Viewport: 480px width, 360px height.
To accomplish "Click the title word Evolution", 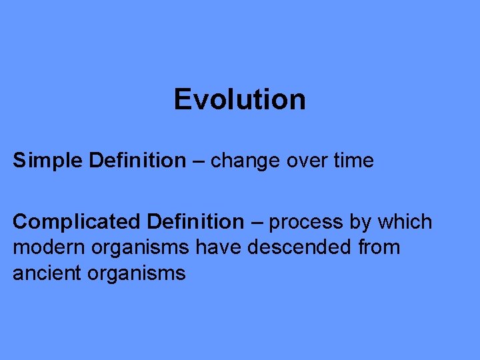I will (239, 100).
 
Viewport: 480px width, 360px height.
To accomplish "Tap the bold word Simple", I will (48, 161).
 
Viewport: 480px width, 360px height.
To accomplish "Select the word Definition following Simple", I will (137, 161).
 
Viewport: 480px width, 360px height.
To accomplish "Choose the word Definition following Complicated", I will (196, 221).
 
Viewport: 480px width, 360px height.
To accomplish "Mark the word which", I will (405, 221).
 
